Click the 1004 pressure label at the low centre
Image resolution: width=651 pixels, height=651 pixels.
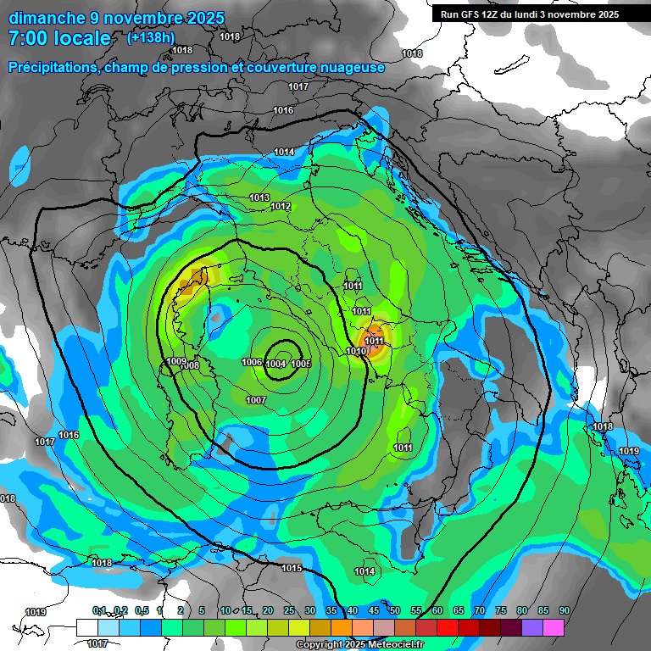(x=275, y=364)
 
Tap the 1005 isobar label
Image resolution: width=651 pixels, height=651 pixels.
(x=300, y=364)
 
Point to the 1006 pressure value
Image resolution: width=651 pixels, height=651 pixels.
(x=251, y=362)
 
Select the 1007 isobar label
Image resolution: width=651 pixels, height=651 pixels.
(x=255, y=400)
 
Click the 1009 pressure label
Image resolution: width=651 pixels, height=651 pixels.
(x=175, y=361)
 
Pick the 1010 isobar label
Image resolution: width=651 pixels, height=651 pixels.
(x=356, y=351)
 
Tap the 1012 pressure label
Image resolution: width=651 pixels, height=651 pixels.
(x=281, y=207)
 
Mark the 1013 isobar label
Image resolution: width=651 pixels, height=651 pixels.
(x=259, y=198)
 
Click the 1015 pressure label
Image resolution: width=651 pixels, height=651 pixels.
(x=292, y=568)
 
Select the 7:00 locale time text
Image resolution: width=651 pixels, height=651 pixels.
(x=59, y=38)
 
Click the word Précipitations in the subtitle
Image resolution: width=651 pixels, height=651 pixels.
(x=53, y=67)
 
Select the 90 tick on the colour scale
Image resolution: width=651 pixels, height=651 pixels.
(x=564, y=610)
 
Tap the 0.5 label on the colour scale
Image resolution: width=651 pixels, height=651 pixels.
(x=141, y=610)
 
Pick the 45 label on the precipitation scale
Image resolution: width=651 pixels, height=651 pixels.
(x=374, y=610)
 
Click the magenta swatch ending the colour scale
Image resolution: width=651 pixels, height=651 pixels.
(x=554, y=627)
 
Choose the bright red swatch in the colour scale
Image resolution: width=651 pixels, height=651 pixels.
(x=448, y=627)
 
